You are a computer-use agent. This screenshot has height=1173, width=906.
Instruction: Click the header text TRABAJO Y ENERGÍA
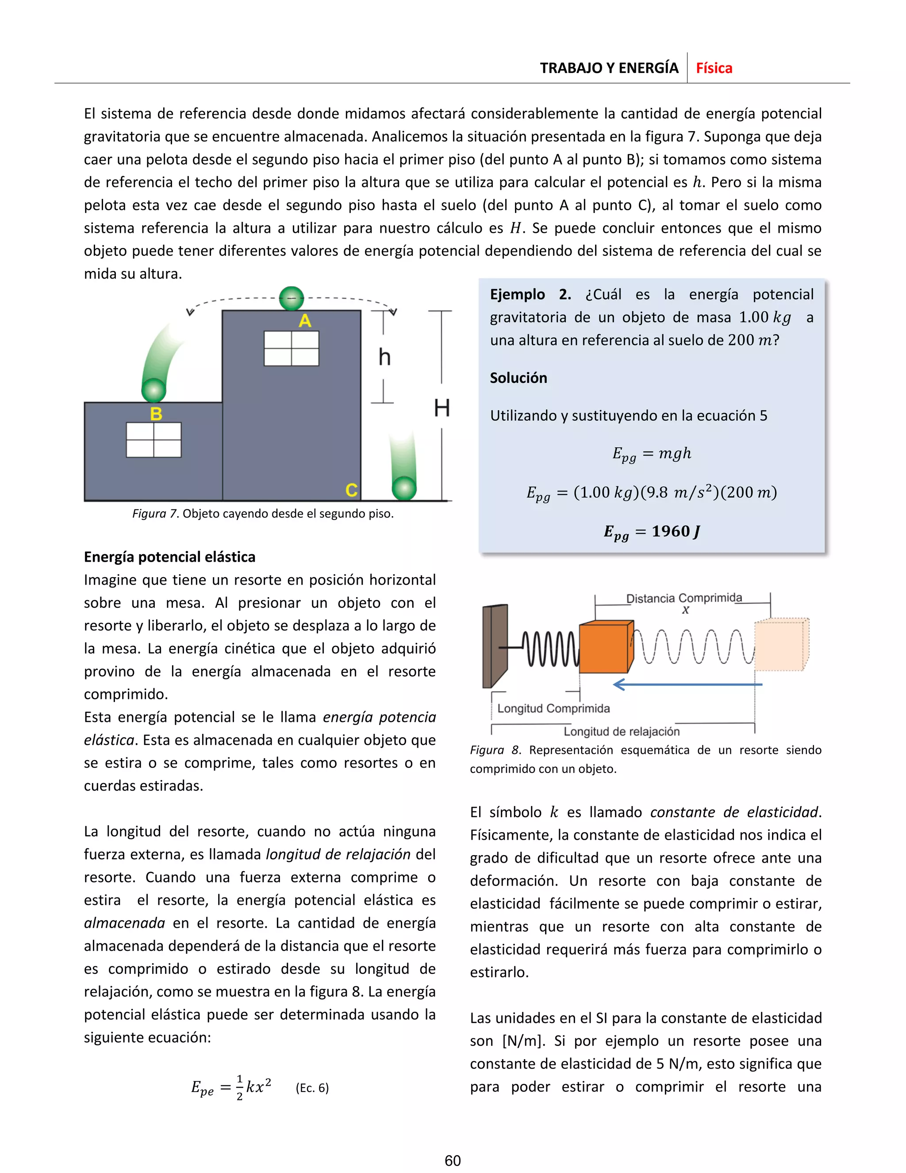(x=609, y=68)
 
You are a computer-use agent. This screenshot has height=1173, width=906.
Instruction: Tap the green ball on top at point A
(x=292, y=298)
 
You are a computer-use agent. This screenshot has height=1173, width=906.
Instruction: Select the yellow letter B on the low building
(x=156, y=414)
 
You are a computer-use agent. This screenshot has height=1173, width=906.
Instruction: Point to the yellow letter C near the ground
(x=351, y=490)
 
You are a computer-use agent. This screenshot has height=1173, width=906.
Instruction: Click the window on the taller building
(x=292, y=348)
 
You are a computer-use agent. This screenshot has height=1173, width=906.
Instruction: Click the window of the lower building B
(x=154, y=440)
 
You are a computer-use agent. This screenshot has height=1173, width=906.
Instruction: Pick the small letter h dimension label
(x=384, y=357)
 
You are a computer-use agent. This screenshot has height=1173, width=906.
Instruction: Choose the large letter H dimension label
(x=442, y=408)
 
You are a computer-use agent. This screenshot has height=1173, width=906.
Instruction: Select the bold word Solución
(x=518, y=378)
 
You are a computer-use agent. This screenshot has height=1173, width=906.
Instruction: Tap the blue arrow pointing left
(x=687, y=684)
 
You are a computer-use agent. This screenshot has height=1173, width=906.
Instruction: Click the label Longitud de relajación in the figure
(x=621, y=732)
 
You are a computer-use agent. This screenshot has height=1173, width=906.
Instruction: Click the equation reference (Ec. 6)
(x=312, y=1088)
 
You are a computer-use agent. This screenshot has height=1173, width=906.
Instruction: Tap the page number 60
(x=453, y=1161)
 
